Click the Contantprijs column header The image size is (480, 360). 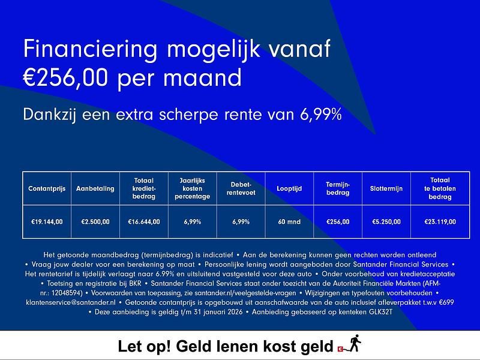click(47, 188)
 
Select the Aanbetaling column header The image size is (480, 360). click(95, 188)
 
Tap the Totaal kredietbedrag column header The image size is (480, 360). click(144, 188)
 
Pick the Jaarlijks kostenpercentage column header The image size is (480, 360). click(192, 188)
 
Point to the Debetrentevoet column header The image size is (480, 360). click(240, 188)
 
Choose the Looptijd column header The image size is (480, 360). click(289, 188)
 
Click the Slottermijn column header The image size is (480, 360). click(386, 188)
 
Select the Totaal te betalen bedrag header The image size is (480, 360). click(440, 188)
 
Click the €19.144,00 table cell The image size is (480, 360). click(47, 222)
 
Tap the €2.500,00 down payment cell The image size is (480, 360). click(95, 222)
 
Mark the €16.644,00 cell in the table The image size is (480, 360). click(144, 222)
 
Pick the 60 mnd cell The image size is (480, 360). click(289, 222)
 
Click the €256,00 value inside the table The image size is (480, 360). click(337, 222)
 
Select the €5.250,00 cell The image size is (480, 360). click(386, 222)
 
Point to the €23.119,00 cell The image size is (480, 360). click(440, 222)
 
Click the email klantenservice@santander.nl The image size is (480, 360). click(70, 303)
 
